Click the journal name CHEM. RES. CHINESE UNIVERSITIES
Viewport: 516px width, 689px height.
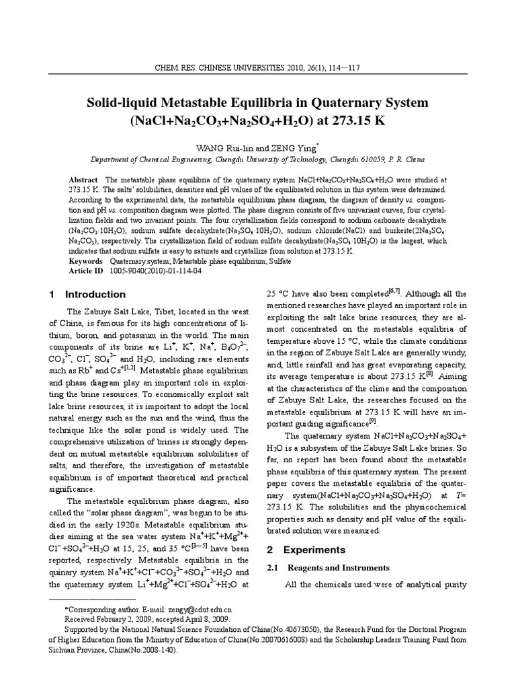tap(214, 67)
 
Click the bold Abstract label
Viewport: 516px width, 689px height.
tap(83, 181)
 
